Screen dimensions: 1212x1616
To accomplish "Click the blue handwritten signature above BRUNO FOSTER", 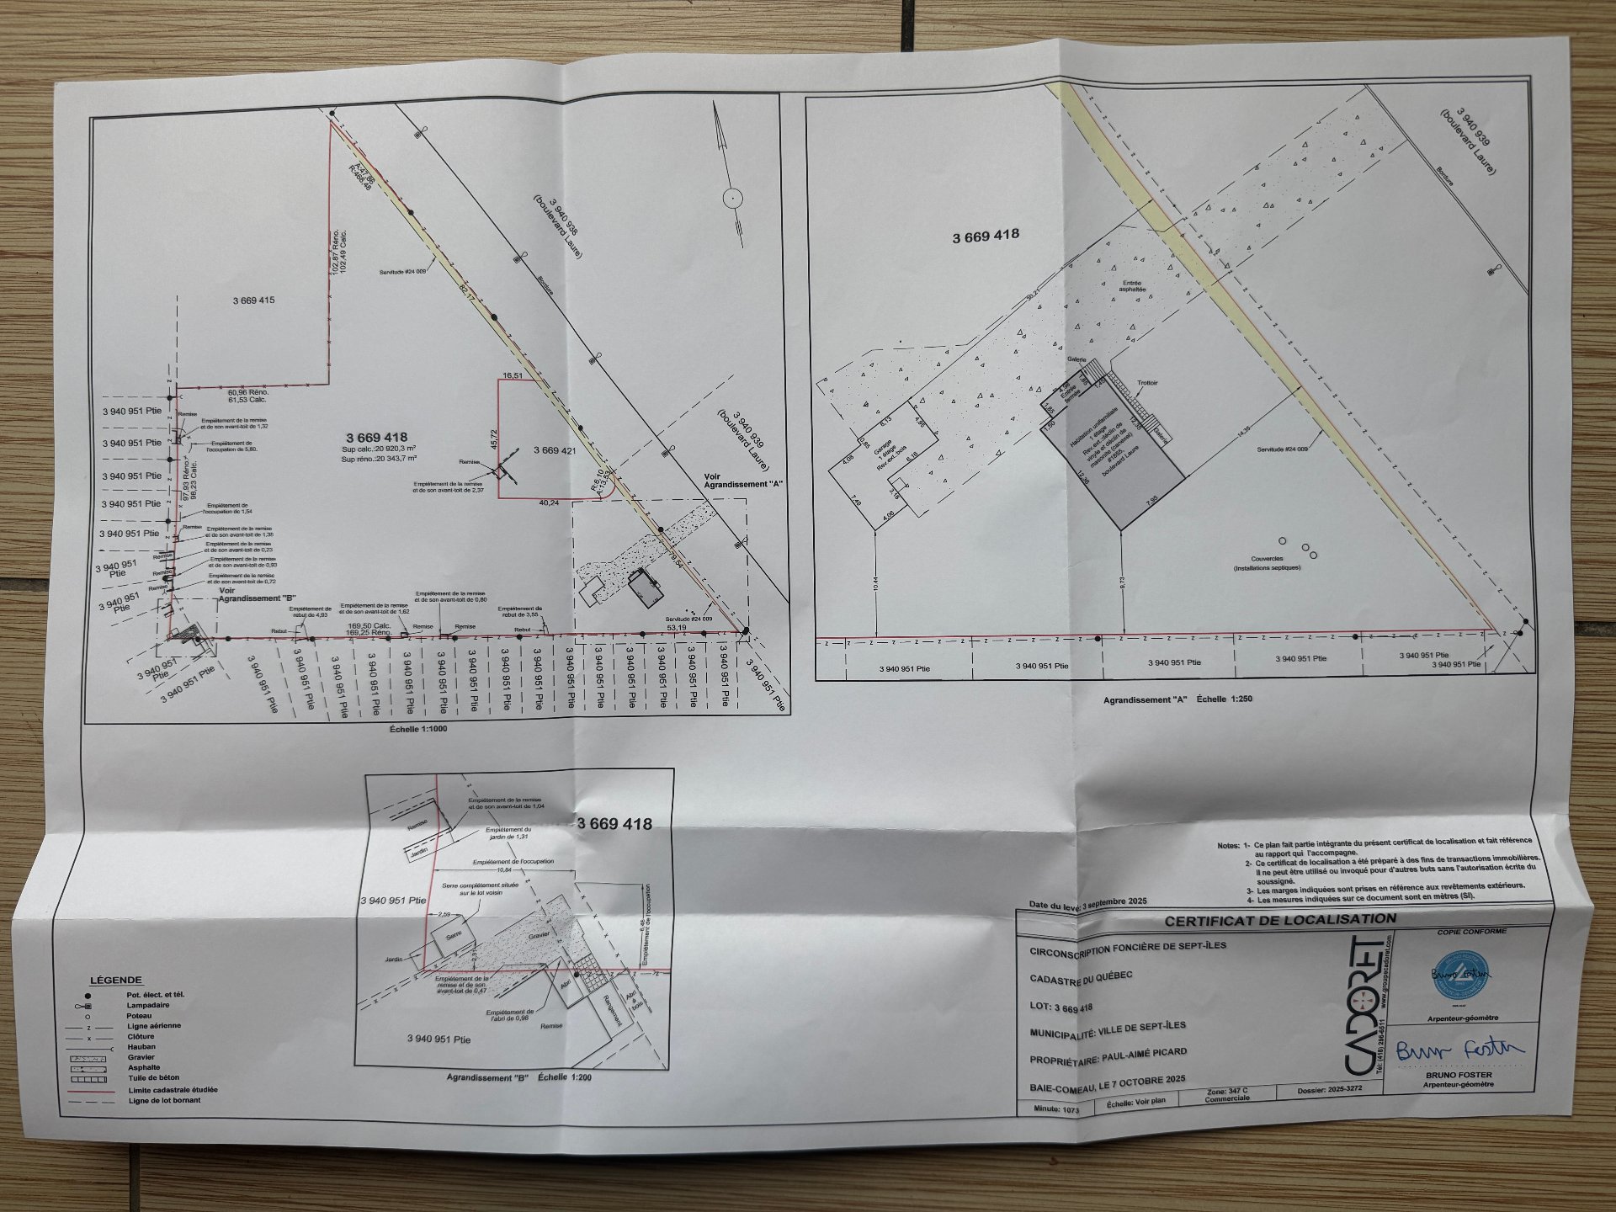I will [x=1459, y=1050].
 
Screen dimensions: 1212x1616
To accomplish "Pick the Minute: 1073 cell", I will [x=1057, y=1109].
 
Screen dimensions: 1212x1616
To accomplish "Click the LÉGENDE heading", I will [x=116, y=981].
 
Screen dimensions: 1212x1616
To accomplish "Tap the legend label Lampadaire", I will [x=148, y=1005].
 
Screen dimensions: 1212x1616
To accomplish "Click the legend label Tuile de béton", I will [x=154, y=1078].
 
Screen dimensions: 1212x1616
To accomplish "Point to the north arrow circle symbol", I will [x=733, y=199].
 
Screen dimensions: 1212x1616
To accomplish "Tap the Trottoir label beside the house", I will [x=1147, y=383].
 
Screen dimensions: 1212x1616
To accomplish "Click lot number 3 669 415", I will [x=253, y=300].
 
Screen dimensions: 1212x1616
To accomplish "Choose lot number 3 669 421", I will [x=554, y=450].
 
